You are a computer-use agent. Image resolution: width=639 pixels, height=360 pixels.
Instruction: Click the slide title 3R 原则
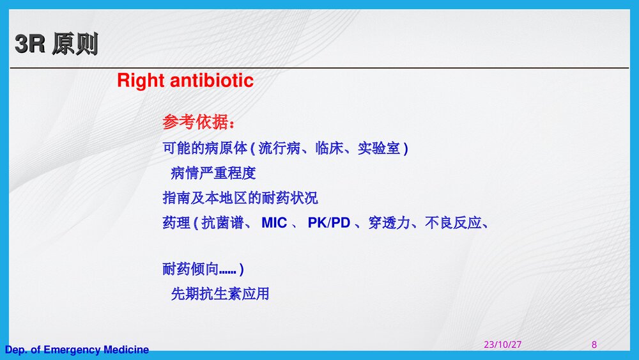click(56, 45)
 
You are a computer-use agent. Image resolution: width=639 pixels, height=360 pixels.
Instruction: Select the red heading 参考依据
click(198, 121)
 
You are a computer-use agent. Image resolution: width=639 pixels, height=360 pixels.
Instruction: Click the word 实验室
click(379, 148)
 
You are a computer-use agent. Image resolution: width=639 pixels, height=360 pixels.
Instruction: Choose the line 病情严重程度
click(213, 173)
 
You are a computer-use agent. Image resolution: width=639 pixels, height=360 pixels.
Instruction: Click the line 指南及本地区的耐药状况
click(240, 198)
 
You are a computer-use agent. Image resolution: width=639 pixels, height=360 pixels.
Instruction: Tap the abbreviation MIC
click(274, 223)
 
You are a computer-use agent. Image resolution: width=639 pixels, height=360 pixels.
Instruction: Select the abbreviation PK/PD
click(329, 223)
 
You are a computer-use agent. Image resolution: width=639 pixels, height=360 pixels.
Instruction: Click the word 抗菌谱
click(223, 223)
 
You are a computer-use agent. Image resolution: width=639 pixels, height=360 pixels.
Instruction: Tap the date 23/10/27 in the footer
click(502, 345)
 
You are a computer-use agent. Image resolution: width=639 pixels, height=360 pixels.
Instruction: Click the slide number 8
click(594, 345)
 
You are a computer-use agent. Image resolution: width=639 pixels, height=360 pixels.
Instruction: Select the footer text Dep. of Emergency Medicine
click(77, 350)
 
